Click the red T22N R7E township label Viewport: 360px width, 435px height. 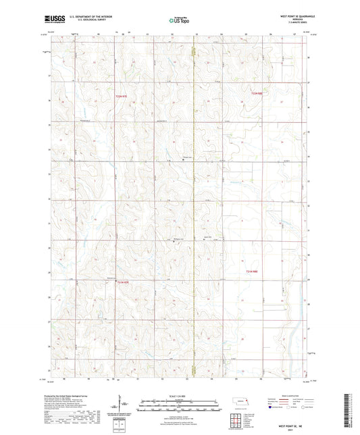click(121, 98)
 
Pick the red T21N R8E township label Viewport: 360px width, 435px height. click(252, 272)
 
